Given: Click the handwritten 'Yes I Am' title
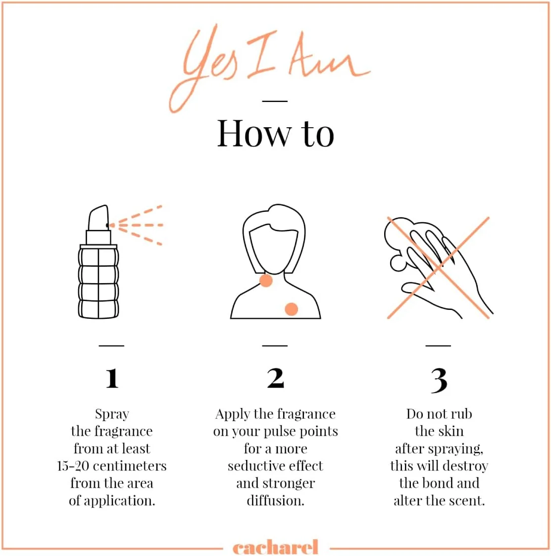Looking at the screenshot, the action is click(x=269, y=67).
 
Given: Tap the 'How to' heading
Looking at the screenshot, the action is click(x=275, y=134).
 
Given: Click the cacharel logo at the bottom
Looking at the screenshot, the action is click(x=275, y=547).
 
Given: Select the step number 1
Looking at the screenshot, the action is click(x=112, y=378).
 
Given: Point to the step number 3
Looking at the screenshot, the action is click(x=439, y=380).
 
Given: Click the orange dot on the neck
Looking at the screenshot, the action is click(x=266, y=281).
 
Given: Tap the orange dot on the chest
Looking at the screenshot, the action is click(x=292, y=309).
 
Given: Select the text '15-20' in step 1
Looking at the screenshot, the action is click(x=73, y=466).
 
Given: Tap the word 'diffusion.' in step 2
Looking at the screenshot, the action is click(x=275, y=501).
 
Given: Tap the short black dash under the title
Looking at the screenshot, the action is click(x=275, y=101).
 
